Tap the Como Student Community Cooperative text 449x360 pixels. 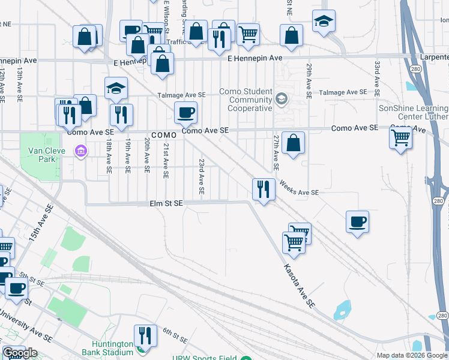pyautogui.click(x=250, y=100)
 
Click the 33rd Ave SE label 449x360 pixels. pyautogui.click(x=378, y=79)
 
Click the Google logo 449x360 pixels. pyautogui.click(x=20, y=353)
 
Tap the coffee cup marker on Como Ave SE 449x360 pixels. pyautogui.click(x=185, y=112)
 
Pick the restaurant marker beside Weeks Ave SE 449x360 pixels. pyautogui.click(x=264, y=190)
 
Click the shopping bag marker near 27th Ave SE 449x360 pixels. pyautogui.click(x=293, y=143)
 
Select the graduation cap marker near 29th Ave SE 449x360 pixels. pyautogui.click(x=324, y=22)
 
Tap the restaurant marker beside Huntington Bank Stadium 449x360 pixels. pyautogui.click(x=145, y=335)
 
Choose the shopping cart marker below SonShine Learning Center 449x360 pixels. pyautogui.click(x=400, y=139)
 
